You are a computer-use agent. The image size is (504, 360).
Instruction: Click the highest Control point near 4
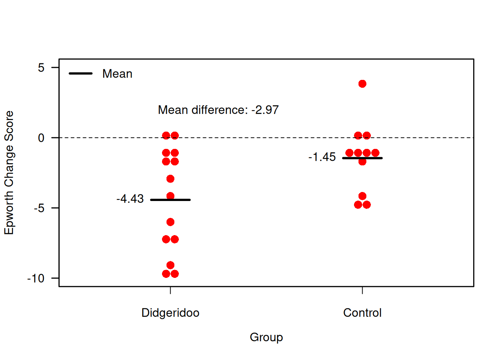[362, 84]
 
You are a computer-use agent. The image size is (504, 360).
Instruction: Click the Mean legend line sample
[81, 73]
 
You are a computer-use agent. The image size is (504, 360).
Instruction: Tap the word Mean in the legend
[117, 74]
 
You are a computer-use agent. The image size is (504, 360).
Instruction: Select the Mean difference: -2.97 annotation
[218, 110]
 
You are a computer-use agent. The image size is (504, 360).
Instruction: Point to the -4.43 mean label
[130, 199]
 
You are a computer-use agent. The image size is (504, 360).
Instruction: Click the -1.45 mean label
[322, 157]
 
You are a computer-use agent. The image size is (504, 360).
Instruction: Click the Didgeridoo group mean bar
[170, 200]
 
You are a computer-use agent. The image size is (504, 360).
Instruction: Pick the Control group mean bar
[362, 158]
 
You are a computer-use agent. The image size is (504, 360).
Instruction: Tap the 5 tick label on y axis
[41, 68]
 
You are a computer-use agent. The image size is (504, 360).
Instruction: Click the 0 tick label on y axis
[41, 138]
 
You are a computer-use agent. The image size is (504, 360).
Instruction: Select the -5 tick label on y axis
[39, 208]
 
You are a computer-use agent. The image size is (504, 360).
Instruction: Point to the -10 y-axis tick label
[36, 279]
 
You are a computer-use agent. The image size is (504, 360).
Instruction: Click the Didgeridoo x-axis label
[170, 313]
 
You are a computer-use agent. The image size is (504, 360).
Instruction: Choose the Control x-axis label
[362, 313]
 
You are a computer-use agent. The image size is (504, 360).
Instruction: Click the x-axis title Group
[266, 337]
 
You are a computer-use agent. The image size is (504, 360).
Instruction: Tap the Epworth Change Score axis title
[9, 172]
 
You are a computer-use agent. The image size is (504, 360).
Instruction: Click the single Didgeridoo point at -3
[170, 179]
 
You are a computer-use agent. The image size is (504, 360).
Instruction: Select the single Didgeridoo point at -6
[170, 222]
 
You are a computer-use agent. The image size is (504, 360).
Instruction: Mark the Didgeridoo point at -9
[170, 265]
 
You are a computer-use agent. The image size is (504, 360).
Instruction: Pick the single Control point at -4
[362, 196]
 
